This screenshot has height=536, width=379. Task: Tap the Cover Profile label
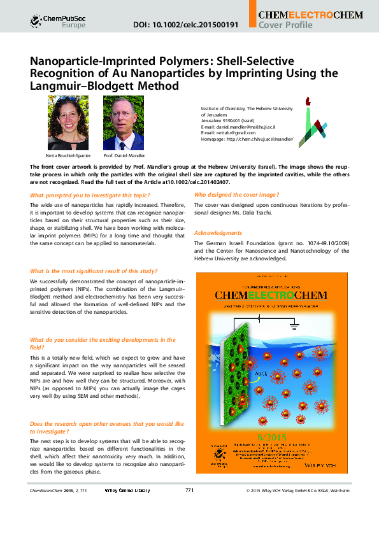[x=285, y=25]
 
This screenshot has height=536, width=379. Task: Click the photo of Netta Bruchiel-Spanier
[x=68, y=123]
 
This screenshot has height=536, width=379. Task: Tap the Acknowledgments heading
[x=218, y=233]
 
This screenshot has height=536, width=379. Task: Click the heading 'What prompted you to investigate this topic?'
[x=90, y=194]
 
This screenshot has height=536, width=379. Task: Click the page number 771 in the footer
[x=189, y=526]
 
